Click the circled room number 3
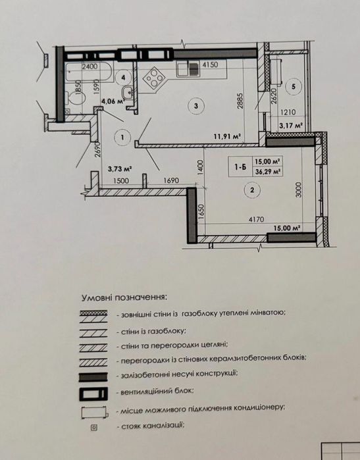[196, 105]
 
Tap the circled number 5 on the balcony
[294, 86]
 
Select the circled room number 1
[122, 137]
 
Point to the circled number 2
[252, 190]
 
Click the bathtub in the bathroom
[89, 72]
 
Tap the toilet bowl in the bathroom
[76, 97]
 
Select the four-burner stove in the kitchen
[155, 78]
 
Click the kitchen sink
[188, 69]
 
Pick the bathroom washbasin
[127, 92]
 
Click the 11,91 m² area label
[227, 136]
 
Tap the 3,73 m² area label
[119, 168]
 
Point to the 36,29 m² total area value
[267, 172]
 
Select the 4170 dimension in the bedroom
[257, 219]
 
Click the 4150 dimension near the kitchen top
[211, 64]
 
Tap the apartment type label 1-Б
[240, 167]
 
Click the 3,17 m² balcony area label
[291, 126]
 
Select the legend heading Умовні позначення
[124, 297]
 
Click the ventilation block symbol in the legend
[93, 394]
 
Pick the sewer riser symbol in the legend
[94, 428]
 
